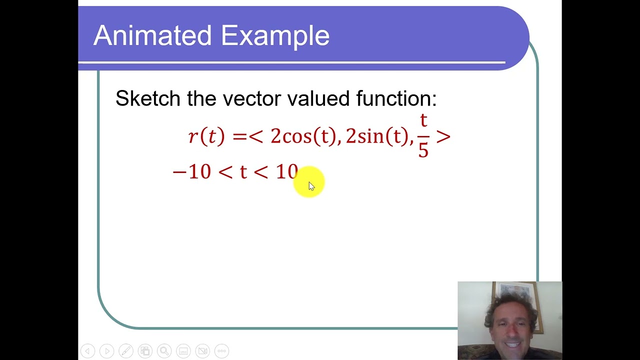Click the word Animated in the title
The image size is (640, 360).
(152, 36)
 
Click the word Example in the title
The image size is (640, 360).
(275, 36)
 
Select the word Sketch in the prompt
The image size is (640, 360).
(147, 98)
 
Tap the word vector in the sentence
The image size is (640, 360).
(252, 98)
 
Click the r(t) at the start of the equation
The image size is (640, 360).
(206, 136)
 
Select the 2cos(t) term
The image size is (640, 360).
(303, 136)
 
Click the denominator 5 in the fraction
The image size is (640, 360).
(423, 150)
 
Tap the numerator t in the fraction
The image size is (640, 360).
(423, 121)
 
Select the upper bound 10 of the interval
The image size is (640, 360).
(286, 172)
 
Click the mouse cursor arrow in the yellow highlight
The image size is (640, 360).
(311, 186)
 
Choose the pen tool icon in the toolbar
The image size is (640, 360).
(125, 351)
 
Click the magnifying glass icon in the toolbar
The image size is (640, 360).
(164, 351)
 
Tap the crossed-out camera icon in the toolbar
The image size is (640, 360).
(202, 351)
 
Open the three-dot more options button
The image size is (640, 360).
(221, 351)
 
